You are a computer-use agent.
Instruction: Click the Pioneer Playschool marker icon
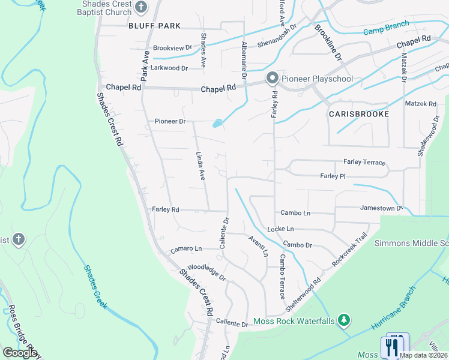coord(272,79)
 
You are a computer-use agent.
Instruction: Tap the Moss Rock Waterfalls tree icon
coord(344,320)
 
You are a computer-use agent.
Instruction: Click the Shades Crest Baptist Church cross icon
coord(141,8)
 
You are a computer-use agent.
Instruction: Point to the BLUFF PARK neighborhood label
coord(154,26)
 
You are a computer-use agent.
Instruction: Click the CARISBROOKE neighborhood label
coord(359,113)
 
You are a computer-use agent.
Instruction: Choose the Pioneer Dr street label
coord(170,121)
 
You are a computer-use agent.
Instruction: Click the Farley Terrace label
coord(364,162)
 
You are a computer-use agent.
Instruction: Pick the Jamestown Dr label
coord(381,208)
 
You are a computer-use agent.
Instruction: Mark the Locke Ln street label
coord(280,229)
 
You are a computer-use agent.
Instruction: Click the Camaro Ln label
coord(185,248)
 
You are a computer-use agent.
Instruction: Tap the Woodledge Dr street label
coord(206,273)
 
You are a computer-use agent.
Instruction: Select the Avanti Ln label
coord(258,245)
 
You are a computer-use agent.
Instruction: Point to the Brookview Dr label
coord(172,47)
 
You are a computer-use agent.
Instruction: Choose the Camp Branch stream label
coord(386,27)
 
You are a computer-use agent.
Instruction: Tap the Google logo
coord(20,353)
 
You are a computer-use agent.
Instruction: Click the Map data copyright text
coord(423,355)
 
